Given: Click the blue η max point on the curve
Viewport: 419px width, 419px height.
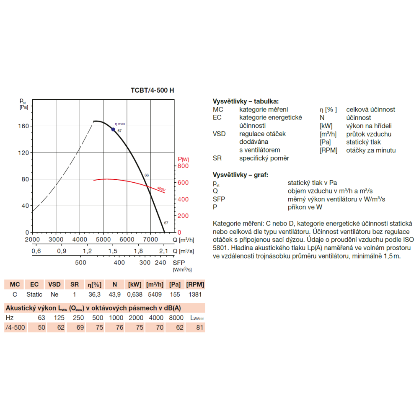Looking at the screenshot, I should (113, 129).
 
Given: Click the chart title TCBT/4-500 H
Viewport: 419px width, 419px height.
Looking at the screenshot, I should (152, 90).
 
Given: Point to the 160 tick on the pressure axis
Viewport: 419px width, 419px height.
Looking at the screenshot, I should (23, 126).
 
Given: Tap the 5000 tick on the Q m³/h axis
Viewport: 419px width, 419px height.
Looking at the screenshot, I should (103, 239).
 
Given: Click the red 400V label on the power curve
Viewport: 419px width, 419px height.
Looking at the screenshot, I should (161, 189).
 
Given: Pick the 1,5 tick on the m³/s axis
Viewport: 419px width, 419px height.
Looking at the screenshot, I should (113, 251).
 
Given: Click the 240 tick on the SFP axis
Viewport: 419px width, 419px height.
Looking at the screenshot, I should (160, 263).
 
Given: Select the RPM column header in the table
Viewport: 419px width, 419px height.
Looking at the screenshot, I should (195, 285).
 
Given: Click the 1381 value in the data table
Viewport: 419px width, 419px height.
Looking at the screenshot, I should (195, 295).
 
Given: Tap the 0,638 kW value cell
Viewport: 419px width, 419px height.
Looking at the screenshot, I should (134, 295).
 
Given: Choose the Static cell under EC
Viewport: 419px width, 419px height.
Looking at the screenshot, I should (34, 295).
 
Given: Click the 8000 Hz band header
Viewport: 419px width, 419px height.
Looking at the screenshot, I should (177, 318).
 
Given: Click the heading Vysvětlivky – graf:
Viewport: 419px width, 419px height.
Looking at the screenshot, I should (241, 175).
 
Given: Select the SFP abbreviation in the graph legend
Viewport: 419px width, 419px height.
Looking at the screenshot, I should (219, 199).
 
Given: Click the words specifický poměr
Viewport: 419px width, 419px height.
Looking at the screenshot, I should (264, 158).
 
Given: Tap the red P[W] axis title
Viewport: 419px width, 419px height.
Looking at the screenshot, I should (184, 159).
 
